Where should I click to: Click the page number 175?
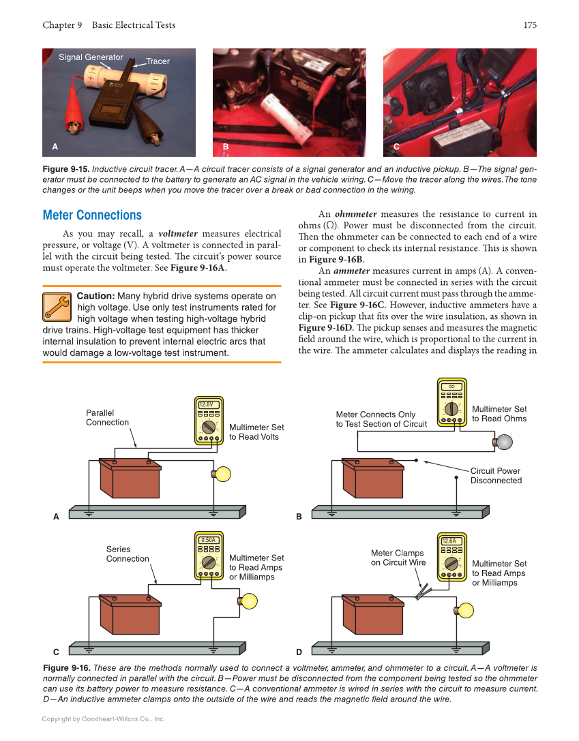(x=530, y=25)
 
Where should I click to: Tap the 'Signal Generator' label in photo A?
(x=91, y=57)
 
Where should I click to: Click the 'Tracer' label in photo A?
(x=158, y=61)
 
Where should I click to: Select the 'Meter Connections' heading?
(x=92, y=215)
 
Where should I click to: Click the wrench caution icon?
(x=57, y=307)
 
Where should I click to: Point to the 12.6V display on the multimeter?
(x=209, y=404)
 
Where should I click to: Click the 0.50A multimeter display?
(x=209, y=540)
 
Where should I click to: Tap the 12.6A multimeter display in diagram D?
(x=449, y=541)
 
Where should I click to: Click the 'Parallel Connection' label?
(x=107, y=417)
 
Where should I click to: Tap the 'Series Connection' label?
(x=127, y=554)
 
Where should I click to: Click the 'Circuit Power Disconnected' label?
(x=496, y=476)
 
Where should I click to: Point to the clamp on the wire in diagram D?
(x=423, y=591)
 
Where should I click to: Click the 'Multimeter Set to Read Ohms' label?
(x=499, y=414)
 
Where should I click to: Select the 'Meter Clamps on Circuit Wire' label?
(x=398, y=558)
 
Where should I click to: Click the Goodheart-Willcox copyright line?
(x=103, y=719)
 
